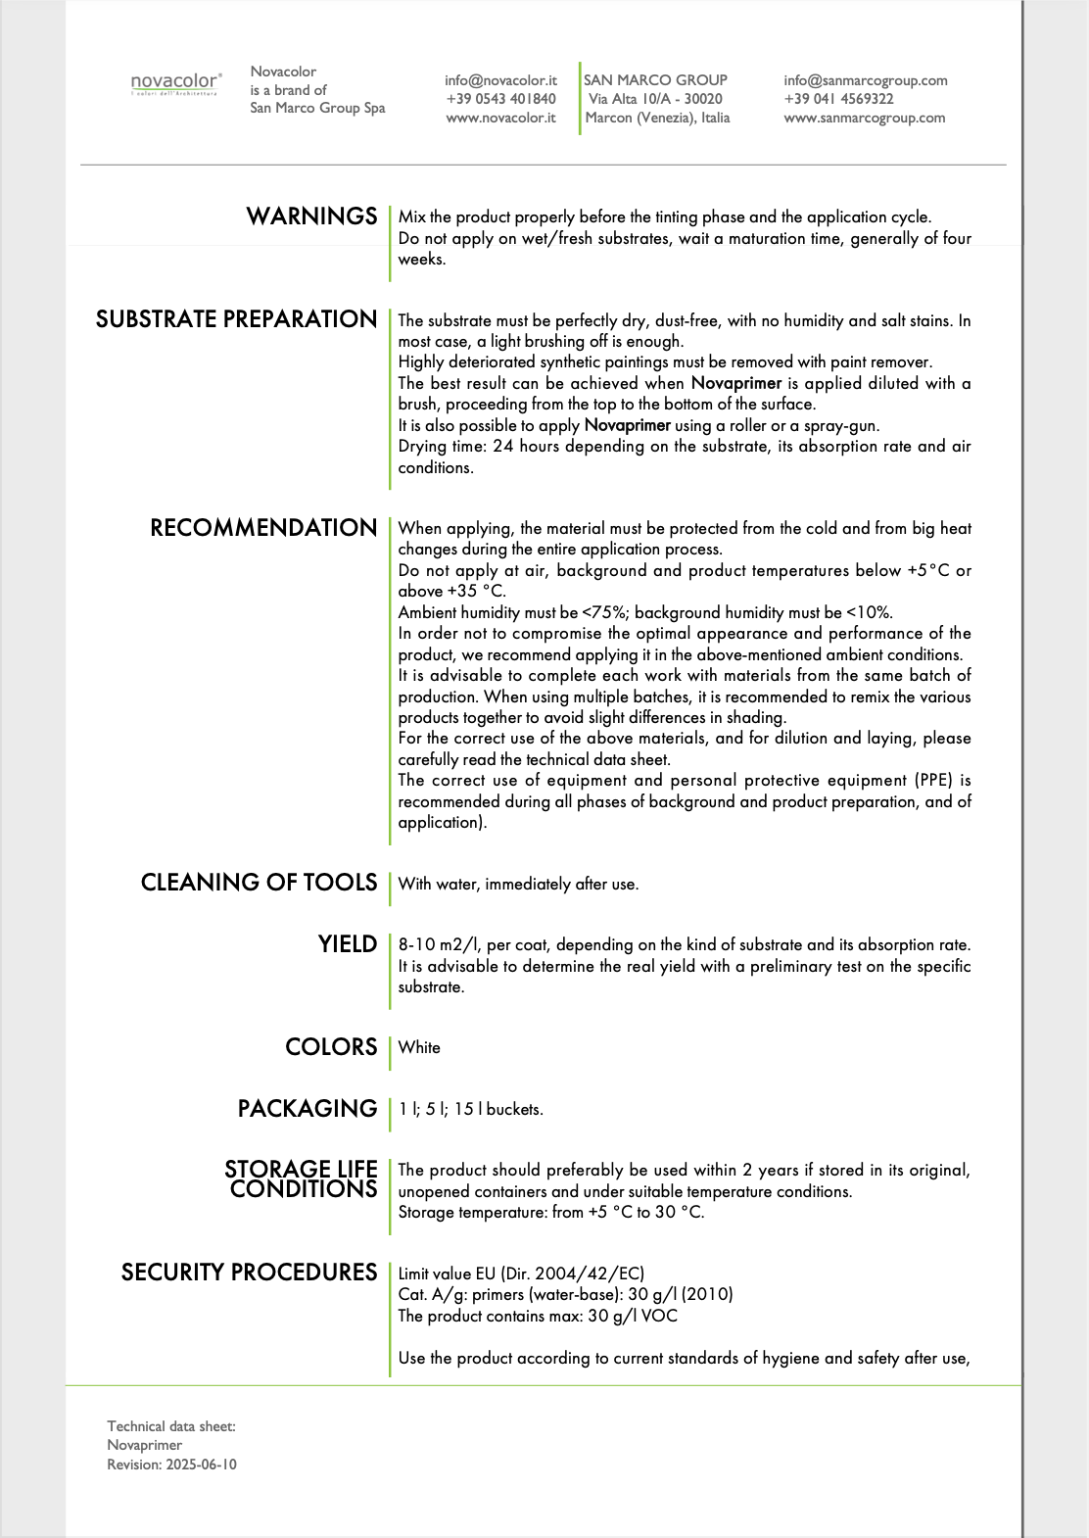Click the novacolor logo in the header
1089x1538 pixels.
pos(176,83)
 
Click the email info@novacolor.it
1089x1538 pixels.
pos(500,80)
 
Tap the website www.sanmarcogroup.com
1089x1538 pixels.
pos(864,118)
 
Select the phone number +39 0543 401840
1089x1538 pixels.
pos(500,99)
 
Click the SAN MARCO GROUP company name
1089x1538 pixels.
pos(655,80)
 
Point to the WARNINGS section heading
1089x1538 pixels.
pos(311,216)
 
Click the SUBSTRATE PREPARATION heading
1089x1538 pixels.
pos(236,319)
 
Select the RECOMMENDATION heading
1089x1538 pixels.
pos(263,528)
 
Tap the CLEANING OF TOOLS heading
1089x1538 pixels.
pos(259,883)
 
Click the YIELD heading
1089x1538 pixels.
pos(347,944)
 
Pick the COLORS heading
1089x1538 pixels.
pos(331,1047)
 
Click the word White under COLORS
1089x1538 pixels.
pos(419,1047)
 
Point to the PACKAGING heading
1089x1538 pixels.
pos(308,1109)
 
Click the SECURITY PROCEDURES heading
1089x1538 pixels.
pos(249,1273)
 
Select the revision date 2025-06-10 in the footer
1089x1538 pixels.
pos(201,1465)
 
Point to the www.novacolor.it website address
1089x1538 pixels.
pos(500,118)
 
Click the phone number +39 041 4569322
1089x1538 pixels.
pos(838,99)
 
